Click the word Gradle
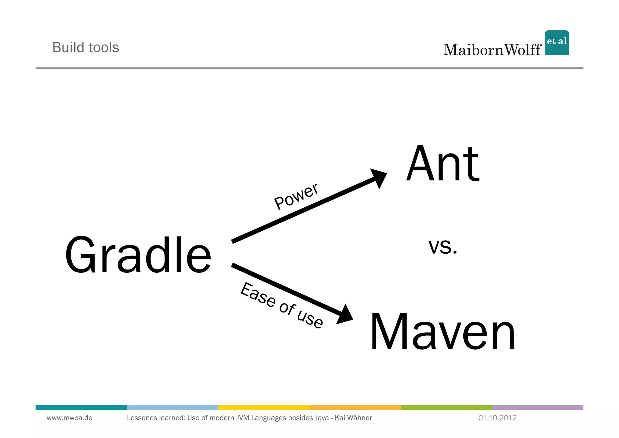138,255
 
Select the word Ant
443,164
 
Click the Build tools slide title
86,48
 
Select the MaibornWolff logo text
492,50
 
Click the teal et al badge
557,43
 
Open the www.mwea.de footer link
70,418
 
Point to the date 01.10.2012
497,418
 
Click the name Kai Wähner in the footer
353,418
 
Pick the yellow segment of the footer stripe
264,407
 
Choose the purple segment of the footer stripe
537,407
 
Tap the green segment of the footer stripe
446,407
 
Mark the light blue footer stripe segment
172,407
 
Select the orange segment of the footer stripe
355,407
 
